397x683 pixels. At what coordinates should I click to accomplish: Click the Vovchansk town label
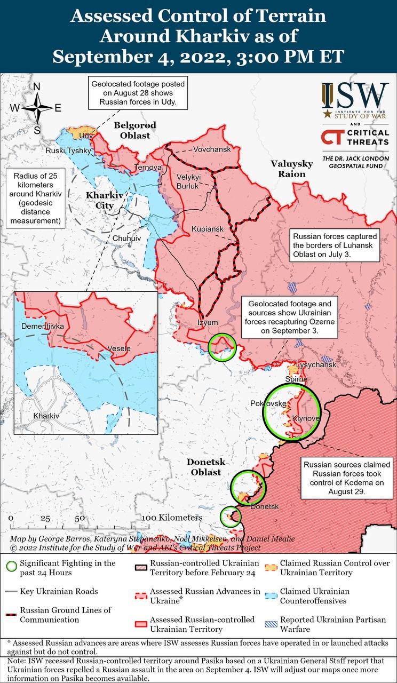click(212, 149)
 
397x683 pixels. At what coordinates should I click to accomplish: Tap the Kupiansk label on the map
click(207, 228)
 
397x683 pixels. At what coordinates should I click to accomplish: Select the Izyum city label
click(208, 322)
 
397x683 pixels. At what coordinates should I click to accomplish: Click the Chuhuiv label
click(127, 238)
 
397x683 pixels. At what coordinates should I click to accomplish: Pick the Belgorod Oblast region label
click(135, 130)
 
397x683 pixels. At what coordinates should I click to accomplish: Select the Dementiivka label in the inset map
click(42, 325)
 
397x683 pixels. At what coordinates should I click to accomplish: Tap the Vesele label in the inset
click(119, 348)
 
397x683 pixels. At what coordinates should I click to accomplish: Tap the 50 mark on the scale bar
click(80, 518)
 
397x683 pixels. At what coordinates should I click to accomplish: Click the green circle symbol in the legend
click(11, 567)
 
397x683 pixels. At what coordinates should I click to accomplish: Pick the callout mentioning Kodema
click(348, 477)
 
